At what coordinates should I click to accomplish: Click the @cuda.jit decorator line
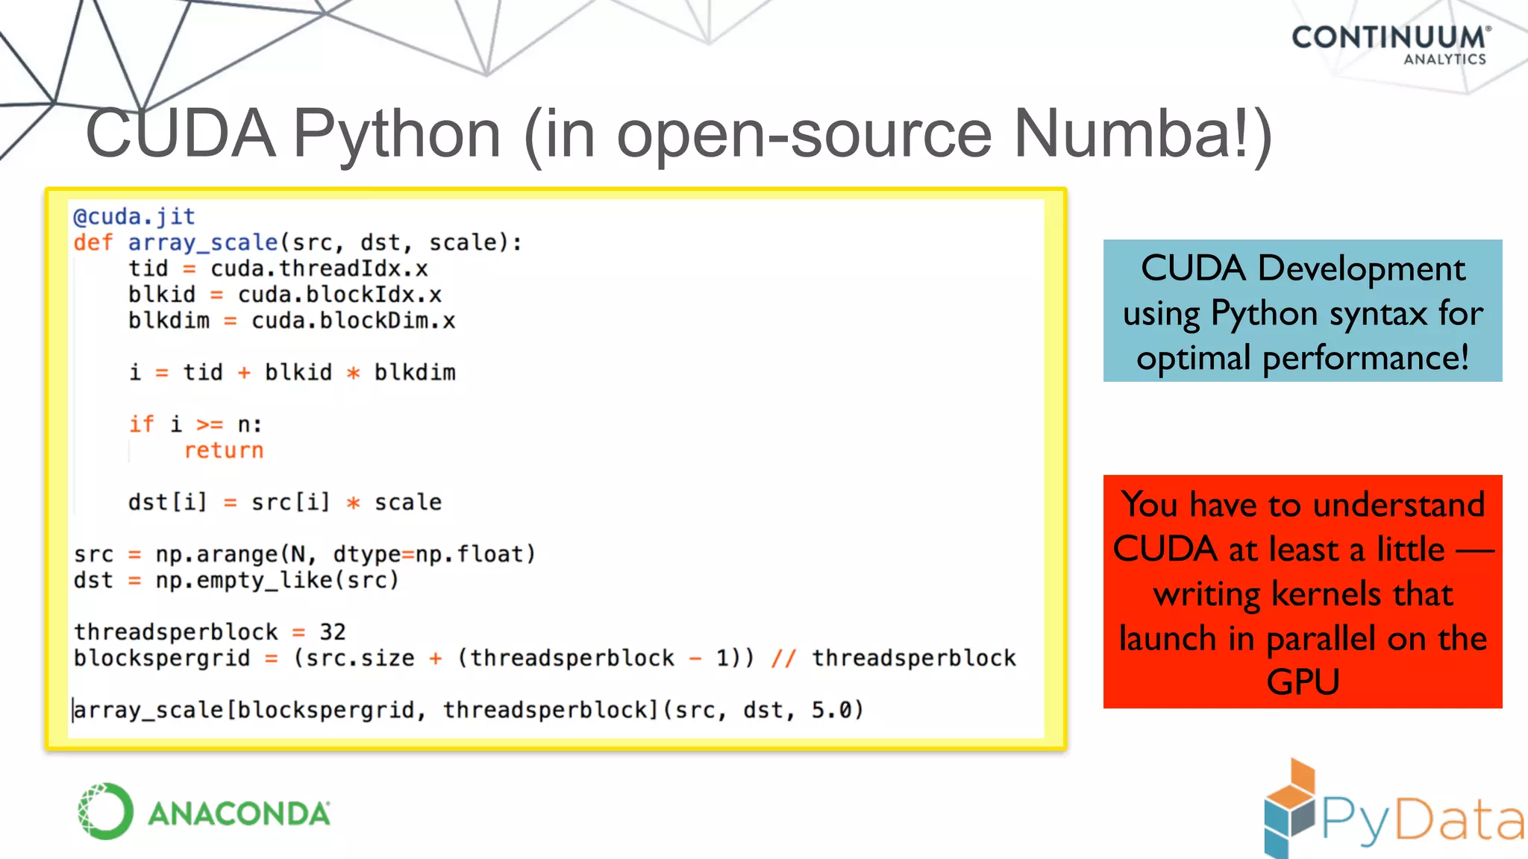[134, 217]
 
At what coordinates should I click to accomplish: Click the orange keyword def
[93, 243]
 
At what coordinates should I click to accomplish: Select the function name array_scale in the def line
[203, 243]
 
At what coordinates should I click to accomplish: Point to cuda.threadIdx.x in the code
[319, 268]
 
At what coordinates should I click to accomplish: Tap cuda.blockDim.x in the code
[353, 321]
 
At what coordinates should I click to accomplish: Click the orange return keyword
[224, 450]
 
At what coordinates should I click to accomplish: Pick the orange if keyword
[141, 424]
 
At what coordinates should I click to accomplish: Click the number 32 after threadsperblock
[332, 632]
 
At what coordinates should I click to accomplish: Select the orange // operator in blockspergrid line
[783, 658]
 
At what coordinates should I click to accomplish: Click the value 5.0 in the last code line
[830, 710]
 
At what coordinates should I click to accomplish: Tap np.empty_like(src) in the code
[277, 580]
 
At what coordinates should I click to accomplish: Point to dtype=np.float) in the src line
[434, 554]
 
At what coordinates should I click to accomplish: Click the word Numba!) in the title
[1142, 134]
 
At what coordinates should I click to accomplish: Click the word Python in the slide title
[397, 134]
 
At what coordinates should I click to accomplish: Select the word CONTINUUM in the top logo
[1388, 37]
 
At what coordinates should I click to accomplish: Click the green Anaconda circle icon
[105, 811]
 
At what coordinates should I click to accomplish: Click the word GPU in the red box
[1303, 682]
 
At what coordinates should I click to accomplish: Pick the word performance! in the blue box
[1365, 358]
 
